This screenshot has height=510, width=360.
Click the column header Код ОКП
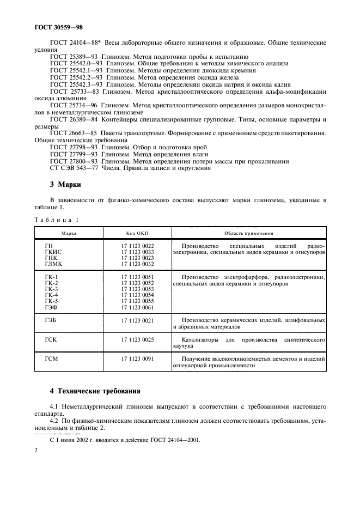click(x=137, y=233)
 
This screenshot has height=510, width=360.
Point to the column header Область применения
click(x=248, y=233)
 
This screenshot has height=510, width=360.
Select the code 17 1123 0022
click(x=137, y=246)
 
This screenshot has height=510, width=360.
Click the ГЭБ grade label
click(x=52, y=321)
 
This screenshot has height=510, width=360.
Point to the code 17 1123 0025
click(x=137, y=340)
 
